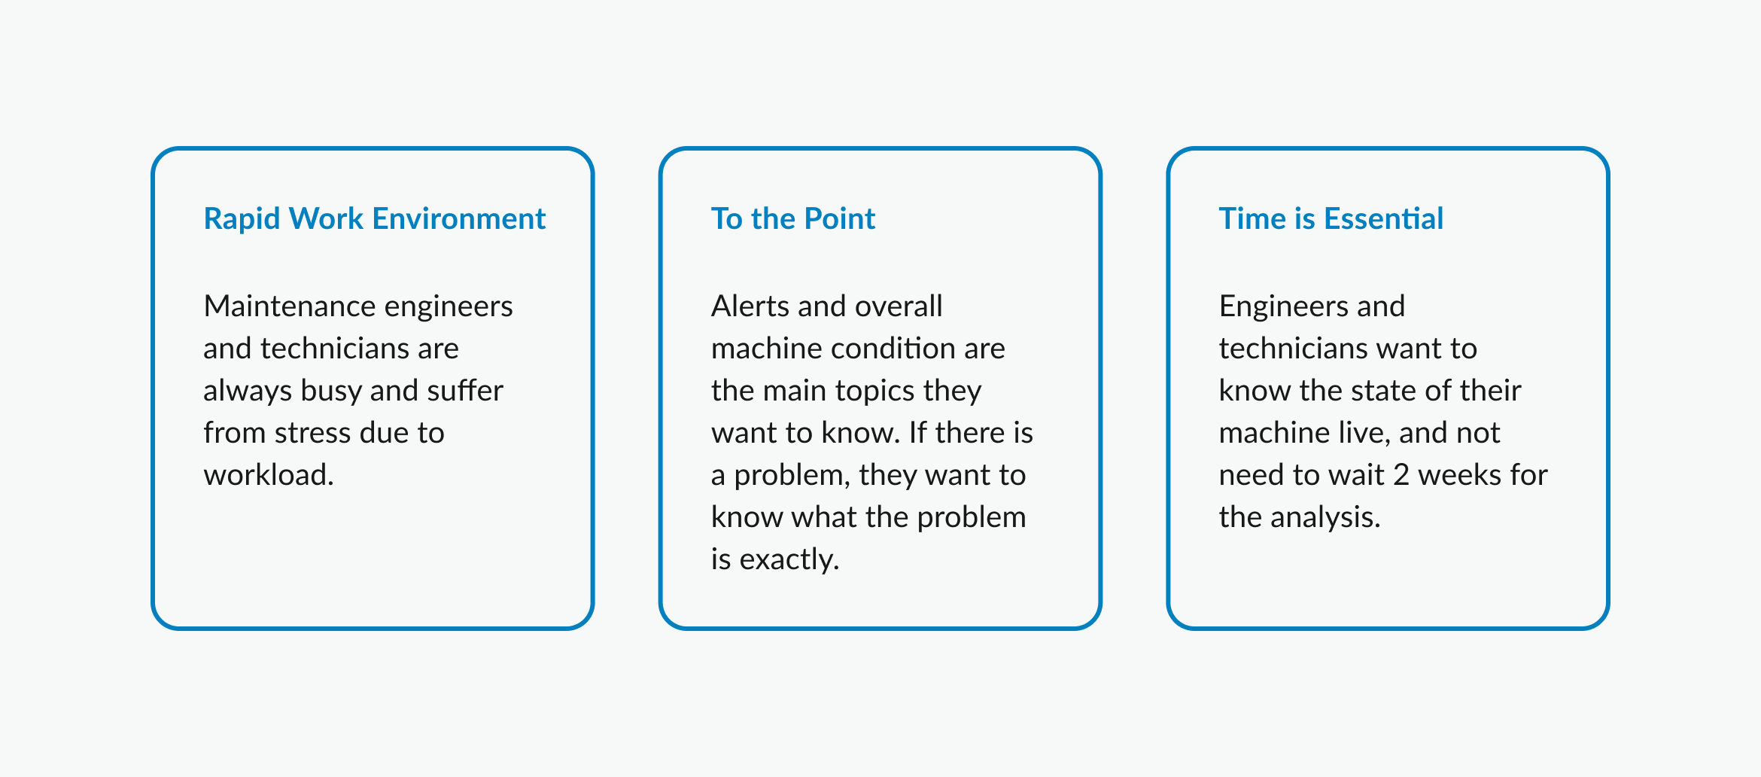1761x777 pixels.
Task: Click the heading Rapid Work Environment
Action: (375, 219)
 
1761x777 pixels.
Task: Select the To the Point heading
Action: (793, 219)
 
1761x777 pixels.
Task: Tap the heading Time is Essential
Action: (1331, 219)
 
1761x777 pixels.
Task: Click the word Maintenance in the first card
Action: (289, 306)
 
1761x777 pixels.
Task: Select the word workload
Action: (269, 475)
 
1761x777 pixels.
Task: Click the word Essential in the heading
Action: (1384, 219)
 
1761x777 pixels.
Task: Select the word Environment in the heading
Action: (459, 219)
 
